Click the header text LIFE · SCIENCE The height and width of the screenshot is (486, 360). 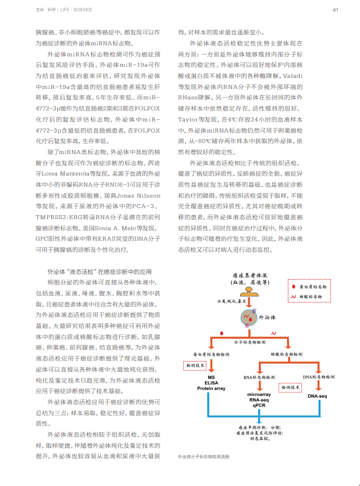(x=55, y=10)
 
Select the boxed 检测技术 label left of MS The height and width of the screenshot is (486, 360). (x=195, y=365)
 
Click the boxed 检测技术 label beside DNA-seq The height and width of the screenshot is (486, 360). (x=291, y=387)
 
